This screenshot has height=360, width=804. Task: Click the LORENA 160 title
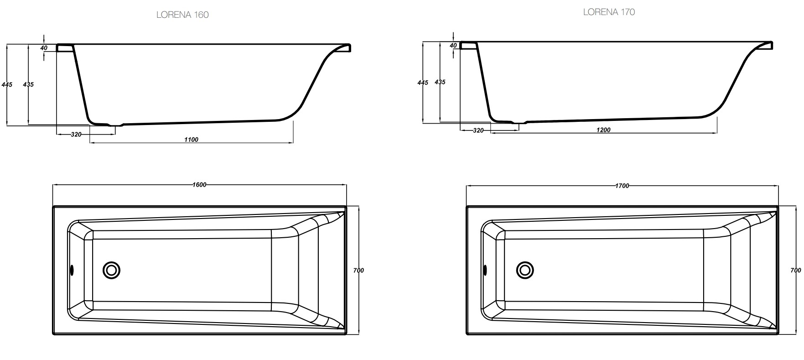182,15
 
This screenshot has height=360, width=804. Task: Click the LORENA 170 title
609,12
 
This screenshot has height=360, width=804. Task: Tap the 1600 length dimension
199,185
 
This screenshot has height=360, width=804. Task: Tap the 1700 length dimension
622,186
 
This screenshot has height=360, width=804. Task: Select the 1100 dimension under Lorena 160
191,140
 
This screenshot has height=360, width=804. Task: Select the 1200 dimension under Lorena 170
603,130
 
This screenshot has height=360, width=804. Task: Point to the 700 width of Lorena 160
358,271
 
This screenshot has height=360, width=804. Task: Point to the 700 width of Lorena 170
795,271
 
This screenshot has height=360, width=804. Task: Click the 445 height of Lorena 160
7,84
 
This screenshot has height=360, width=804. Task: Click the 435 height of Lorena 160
28,84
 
